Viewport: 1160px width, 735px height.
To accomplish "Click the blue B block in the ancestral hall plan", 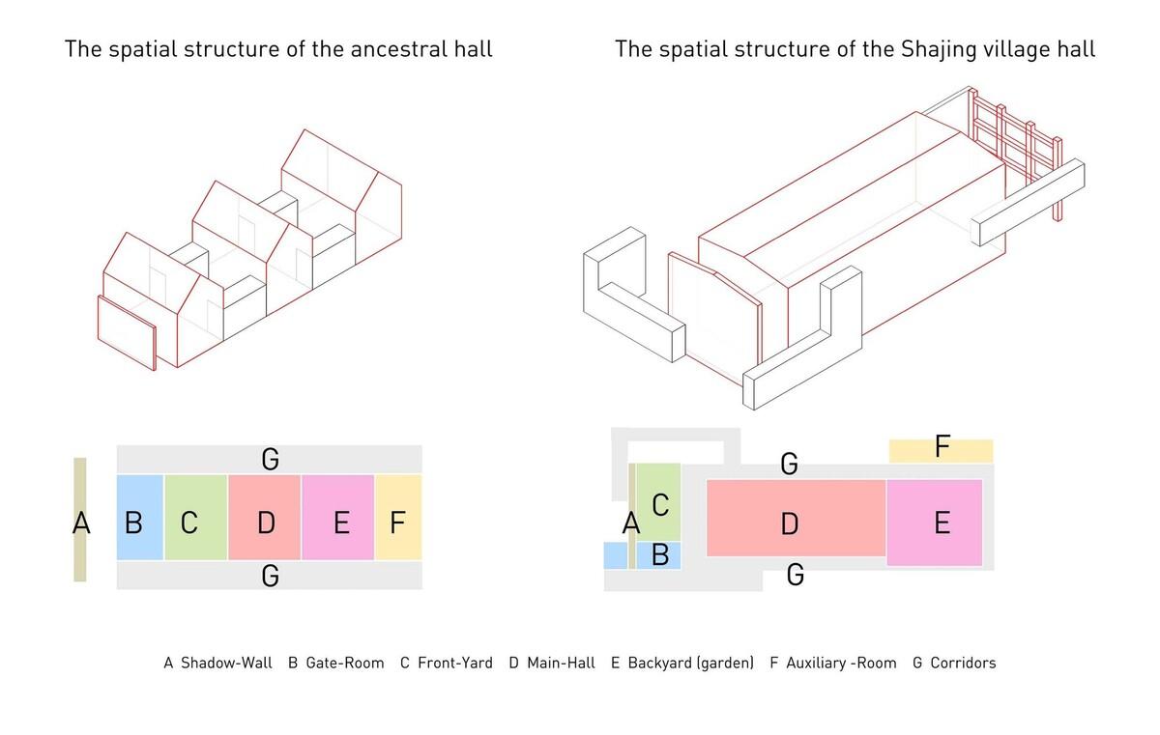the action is [140, 518].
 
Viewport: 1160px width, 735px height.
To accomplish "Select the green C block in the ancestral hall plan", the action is [195, 518].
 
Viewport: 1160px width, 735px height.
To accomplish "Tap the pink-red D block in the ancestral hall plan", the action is [264, 518].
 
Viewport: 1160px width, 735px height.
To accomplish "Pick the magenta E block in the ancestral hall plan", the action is [337, 518].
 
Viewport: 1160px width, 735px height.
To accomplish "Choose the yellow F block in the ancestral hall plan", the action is [398, 518].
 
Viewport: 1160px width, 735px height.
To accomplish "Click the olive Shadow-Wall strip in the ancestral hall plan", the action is [79, 520].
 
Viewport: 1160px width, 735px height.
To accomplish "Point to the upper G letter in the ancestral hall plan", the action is [271, 460].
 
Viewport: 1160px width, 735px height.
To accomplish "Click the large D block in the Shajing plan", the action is [796, 518].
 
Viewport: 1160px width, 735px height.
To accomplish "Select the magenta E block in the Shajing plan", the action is [934, 523].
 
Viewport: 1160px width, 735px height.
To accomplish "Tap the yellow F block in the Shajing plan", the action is [941, 451].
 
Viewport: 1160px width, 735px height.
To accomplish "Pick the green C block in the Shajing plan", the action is [658, 501].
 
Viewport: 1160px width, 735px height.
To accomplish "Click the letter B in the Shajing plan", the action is [659, 555].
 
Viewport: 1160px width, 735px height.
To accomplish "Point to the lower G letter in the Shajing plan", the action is [796, 575].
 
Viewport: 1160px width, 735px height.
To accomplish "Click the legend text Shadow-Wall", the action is [226, 664].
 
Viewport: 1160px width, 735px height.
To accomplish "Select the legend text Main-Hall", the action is [561, 664].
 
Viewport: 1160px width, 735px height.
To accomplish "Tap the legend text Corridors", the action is [963, 664].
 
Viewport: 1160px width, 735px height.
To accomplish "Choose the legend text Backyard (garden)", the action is [691, 664].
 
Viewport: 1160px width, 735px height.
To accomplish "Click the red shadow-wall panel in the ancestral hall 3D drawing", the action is [127, 332].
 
